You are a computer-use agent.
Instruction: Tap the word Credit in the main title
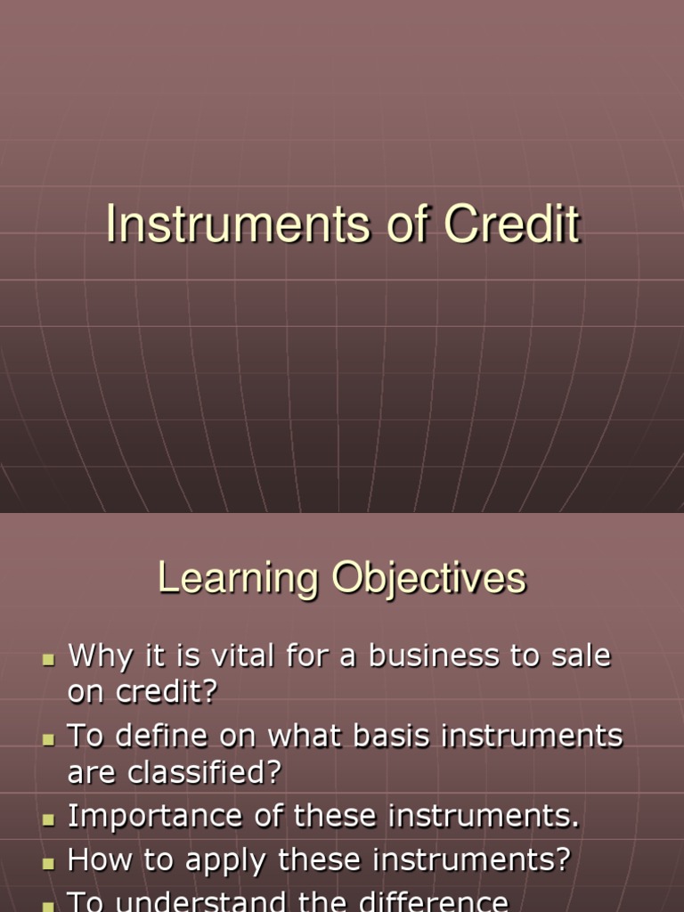512,224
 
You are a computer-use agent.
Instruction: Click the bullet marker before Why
50,659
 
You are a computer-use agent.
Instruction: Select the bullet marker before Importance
50,819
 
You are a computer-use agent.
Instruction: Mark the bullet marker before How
50,863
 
